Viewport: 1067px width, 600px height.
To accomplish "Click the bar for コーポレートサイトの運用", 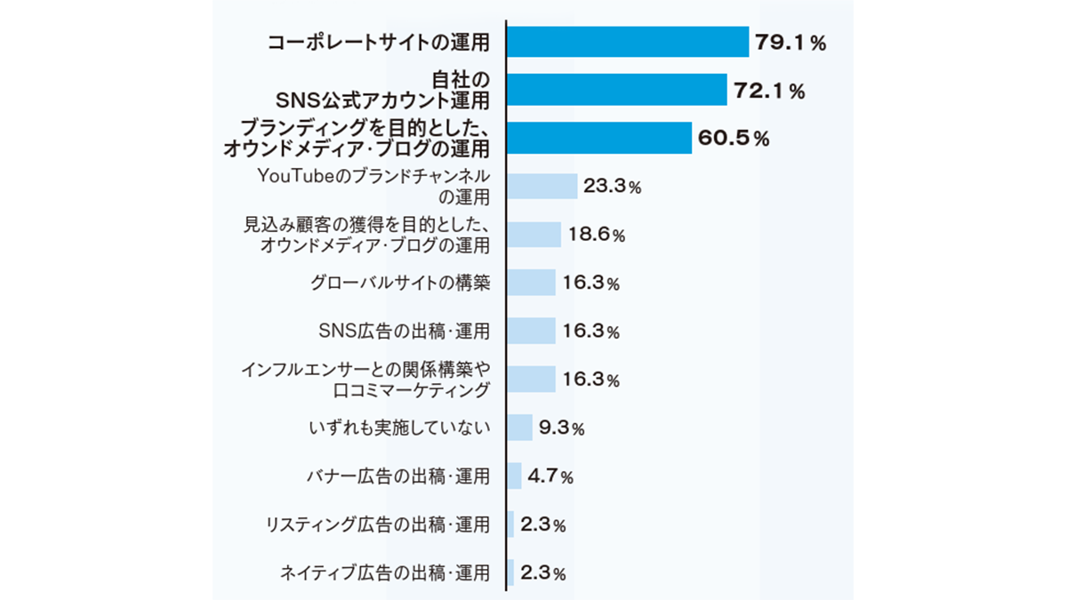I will (x=627, y=42).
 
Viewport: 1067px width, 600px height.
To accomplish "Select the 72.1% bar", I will (x=617, y=90).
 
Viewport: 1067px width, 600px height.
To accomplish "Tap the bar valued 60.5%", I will (x=598, y=139).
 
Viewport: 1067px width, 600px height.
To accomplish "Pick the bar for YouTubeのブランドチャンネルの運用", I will (x=542, y=187).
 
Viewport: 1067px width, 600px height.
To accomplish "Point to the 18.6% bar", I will (x=533, y=235).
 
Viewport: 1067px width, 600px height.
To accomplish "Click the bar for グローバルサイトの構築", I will (x=531, y=283).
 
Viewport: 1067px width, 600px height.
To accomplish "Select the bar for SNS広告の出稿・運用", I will (x=531, y=332).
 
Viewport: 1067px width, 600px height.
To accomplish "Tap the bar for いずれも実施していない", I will (x=519, y=428).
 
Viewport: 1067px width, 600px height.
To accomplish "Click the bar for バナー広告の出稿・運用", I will (x=514, y=476).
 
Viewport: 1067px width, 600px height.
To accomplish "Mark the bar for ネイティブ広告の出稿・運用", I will (x=510, y=572).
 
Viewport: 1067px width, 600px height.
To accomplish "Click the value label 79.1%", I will (x=790, y=42).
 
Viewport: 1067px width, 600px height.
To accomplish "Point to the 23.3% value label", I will (x=613, y=187).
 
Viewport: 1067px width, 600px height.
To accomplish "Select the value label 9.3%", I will (x=561, y=428).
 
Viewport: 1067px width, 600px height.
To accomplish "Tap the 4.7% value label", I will (x=550, y=476).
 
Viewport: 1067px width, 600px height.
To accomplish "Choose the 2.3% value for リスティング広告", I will (x=542, y=524).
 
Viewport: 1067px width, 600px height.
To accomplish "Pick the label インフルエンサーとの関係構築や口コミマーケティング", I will (x=366, y=380).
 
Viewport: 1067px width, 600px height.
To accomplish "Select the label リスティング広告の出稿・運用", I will (x=378, y=524).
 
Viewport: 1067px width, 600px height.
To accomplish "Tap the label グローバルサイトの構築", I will (x=400, y=283).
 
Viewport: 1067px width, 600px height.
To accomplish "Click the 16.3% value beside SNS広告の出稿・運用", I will (x=590, y=332).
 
